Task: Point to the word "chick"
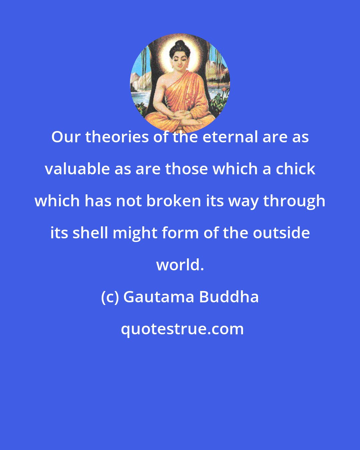296,169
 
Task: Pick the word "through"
294,201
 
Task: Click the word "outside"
281,233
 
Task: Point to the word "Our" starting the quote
66,137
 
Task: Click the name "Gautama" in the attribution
158,297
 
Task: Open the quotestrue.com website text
182,329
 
